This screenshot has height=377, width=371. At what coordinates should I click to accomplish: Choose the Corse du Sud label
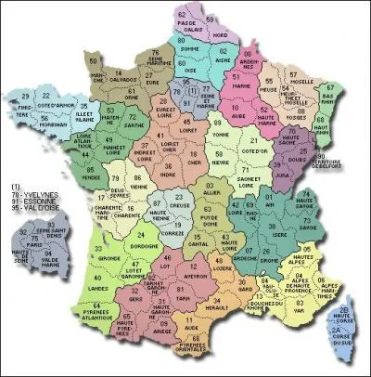[345, 347]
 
